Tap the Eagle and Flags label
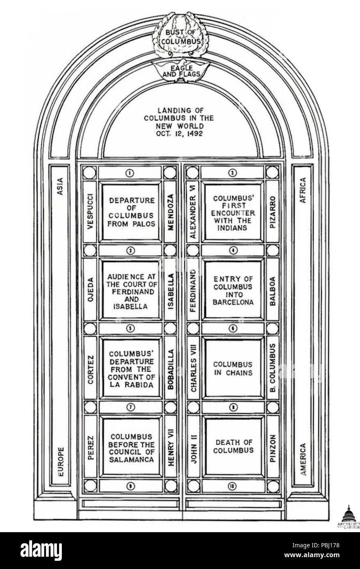181,71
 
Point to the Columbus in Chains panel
233,368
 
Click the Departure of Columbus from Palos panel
131,212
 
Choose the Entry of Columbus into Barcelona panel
233,290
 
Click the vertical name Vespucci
90,212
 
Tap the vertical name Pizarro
272,212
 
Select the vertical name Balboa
273,291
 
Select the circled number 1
130,173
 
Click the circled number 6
233,328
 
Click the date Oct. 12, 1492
179,133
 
